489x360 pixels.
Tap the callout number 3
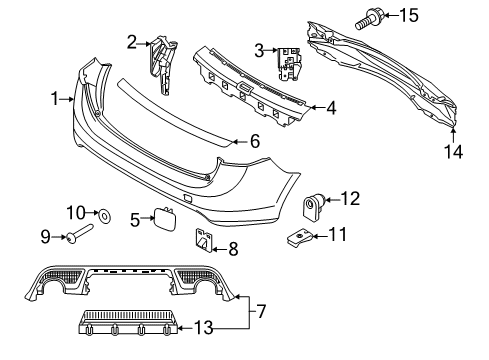coord(259,50)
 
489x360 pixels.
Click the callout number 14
coord(453,151)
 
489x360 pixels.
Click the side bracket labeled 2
coord(162,62)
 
